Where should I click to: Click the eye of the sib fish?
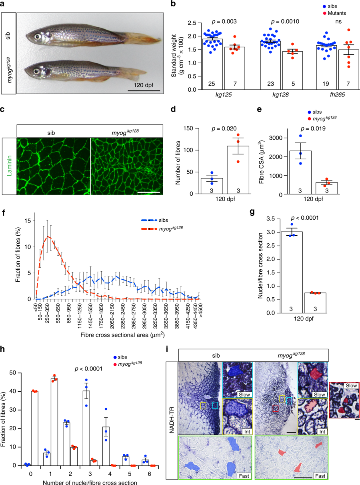(38, 36)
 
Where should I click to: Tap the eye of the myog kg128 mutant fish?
(36, 71)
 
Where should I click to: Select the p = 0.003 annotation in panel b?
(224, 22)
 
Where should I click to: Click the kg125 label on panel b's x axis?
(223, 95)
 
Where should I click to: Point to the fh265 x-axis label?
(337, 95)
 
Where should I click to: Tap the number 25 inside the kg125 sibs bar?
(211, 84)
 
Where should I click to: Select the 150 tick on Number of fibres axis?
(189, 128)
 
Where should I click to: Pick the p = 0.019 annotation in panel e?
(313, 128)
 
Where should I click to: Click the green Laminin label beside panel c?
(9, 166)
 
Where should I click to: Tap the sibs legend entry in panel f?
(163, 220)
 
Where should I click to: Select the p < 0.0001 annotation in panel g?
(304, 218)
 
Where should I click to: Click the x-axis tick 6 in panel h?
(149, 474)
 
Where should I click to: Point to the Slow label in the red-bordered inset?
(351, 385)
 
